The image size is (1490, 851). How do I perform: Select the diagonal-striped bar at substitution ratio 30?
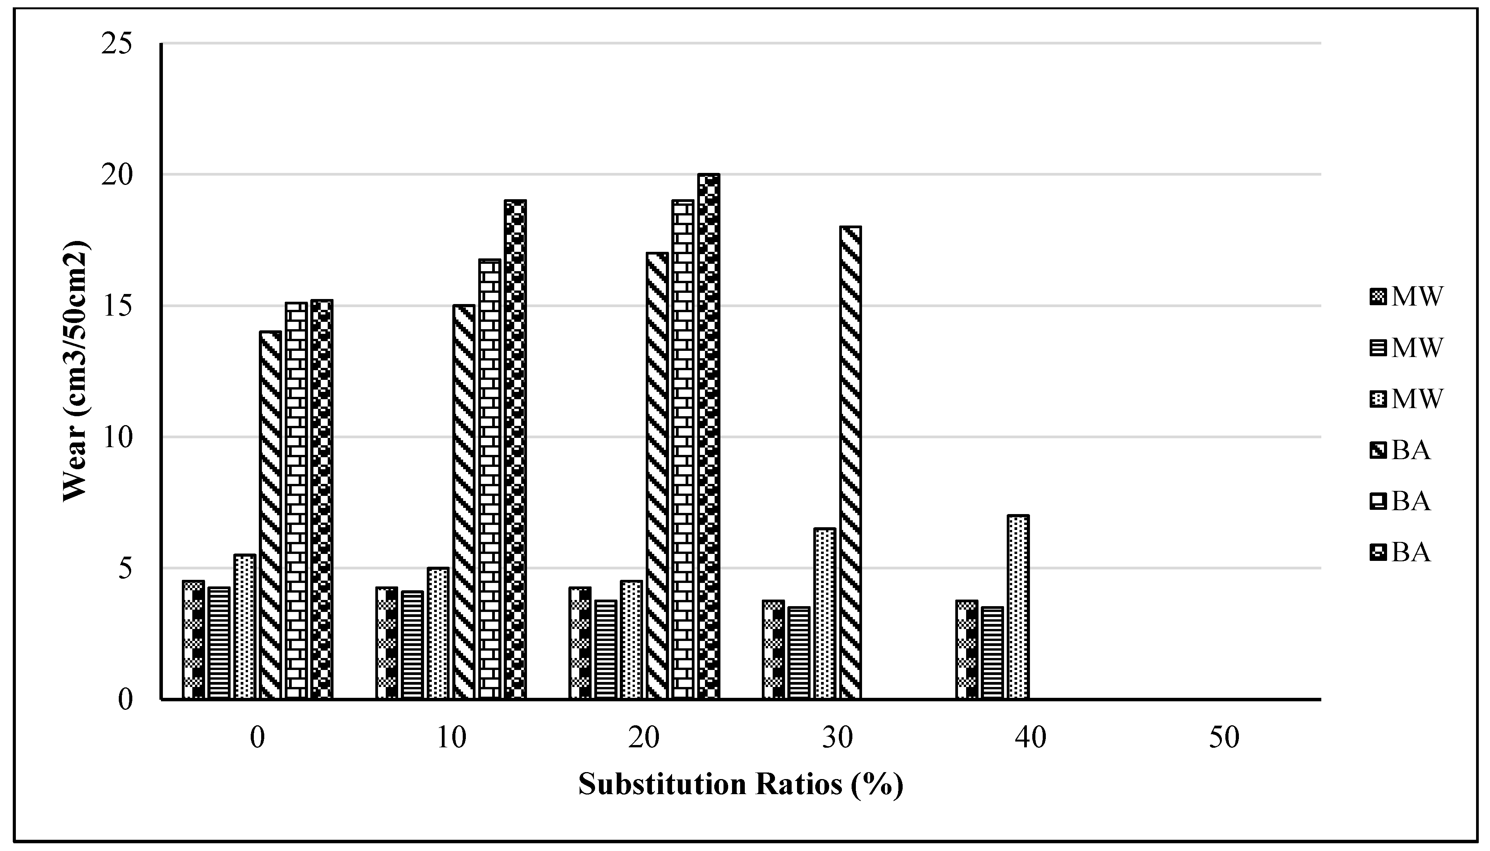850,462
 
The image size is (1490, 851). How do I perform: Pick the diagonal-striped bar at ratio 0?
270,515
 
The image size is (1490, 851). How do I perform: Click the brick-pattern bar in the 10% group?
489,479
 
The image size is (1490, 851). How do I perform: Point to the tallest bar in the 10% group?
515,449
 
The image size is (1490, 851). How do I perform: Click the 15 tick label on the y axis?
117,306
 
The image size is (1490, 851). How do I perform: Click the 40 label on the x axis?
1031,738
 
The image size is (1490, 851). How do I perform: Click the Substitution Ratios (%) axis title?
741,784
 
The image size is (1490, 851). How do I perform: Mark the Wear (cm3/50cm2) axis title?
75,371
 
